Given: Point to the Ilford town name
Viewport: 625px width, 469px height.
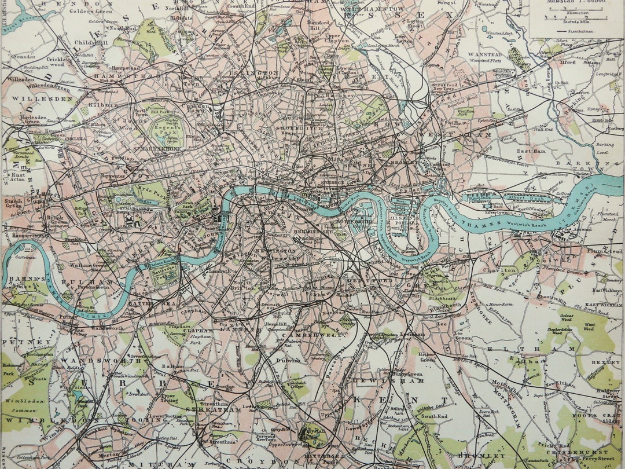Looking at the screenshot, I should (568, 62).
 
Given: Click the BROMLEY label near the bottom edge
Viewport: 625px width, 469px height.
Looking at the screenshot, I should (473, 456).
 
